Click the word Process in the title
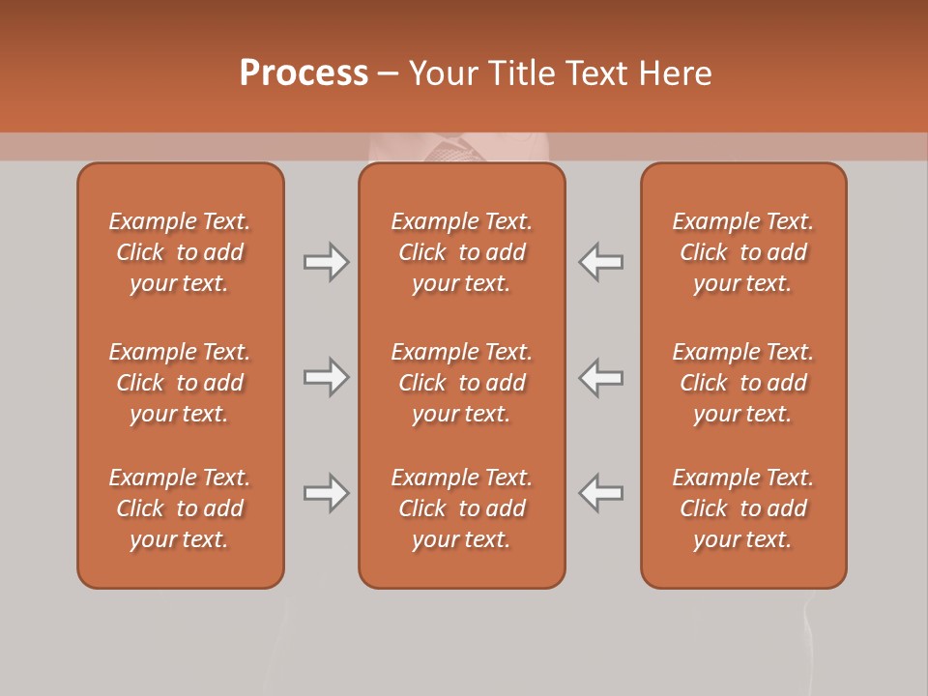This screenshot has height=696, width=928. click(x=304, y=73)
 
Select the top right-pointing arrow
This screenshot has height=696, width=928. click(x=327, y=262)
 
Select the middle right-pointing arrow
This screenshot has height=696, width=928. click(x=327, y=377)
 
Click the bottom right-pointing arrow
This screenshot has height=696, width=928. click(x=327, y=493)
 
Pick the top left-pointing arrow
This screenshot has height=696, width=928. click(x=600, y=262)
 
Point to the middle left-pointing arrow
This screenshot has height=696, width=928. click(x=600, y=377)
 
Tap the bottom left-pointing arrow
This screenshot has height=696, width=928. click(x=600, y=493)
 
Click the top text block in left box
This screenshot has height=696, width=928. click(x=180, y=252)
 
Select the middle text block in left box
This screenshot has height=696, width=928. click(x=180, y=383)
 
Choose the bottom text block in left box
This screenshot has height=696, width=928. click(x=180, y=508)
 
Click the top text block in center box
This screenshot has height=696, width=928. click(x=461, y=252)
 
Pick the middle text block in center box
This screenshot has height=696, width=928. click(x=461, y=383)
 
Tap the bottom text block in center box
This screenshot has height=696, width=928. click(x=461, y=508)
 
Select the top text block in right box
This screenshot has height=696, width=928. click(x=742, y=252)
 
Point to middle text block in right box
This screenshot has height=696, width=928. click(x=742, y=383)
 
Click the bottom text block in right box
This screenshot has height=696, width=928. click(x=742, y=508)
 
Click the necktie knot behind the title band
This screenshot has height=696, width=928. click(x=452, y=150)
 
